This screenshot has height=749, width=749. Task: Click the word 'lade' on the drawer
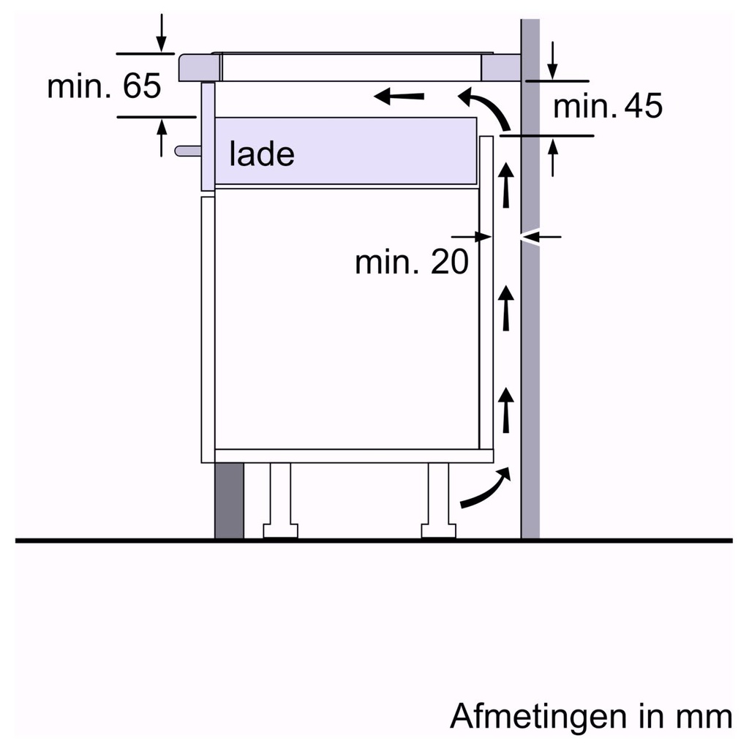[261, 154]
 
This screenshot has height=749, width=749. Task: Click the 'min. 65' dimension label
[103, 87]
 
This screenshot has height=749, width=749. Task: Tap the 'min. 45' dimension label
[607, 107]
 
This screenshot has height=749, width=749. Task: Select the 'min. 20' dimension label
[411, 263]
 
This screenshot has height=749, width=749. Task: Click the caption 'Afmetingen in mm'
[590, 716]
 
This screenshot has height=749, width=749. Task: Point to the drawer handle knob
[187, 151]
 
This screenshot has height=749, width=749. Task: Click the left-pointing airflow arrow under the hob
[399, 96]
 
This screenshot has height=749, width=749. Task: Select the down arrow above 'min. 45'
[553, 61]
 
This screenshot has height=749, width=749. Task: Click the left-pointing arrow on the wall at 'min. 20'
[541, 236]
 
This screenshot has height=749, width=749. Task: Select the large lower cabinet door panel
[347, 318]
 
